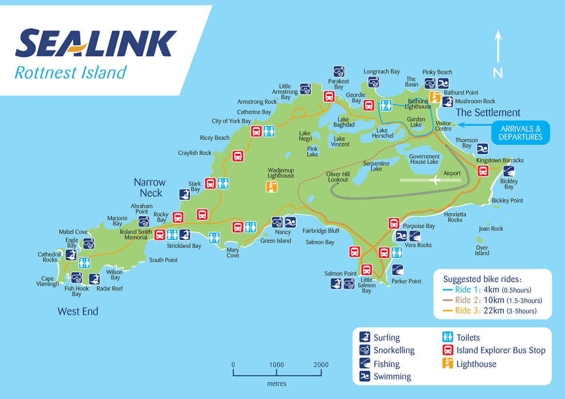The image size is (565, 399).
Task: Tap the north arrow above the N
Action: click(498, 47)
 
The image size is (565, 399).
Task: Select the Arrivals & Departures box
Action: click(520, 133)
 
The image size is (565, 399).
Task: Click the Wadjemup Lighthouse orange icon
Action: click(271, 187)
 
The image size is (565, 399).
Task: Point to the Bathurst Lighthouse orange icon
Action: click(435, 97)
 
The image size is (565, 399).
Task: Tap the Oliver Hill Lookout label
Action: click(338, 177)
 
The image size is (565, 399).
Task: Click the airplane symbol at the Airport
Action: click(436, 180)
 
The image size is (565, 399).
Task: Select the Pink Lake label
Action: click(313, 152)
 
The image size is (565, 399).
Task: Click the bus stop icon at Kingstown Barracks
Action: click(483, 171)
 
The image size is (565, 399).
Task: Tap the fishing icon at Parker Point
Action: click(397, 270)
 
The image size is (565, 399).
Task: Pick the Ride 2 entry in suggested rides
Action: click(492, 300)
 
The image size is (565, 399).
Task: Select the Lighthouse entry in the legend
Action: click(476, 364)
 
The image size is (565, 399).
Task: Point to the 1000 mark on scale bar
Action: click(277, 365)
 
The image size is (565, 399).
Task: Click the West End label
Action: click(78, 311)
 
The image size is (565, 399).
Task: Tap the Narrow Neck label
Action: click(150, 187)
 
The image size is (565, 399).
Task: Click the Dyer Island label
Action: click(482, 250)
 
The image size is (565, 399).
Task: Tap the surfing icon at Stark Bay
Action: click(185, 194)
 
